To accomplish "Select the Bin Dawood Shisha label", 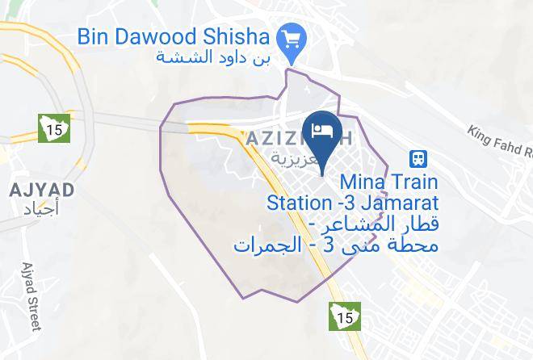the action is click(174, 37).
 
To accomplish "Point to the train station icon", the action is click(418, 158).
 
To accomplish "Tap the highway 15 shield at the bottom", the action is click(344, 317).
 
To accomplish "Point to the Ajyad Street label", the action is click(31, 297).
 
